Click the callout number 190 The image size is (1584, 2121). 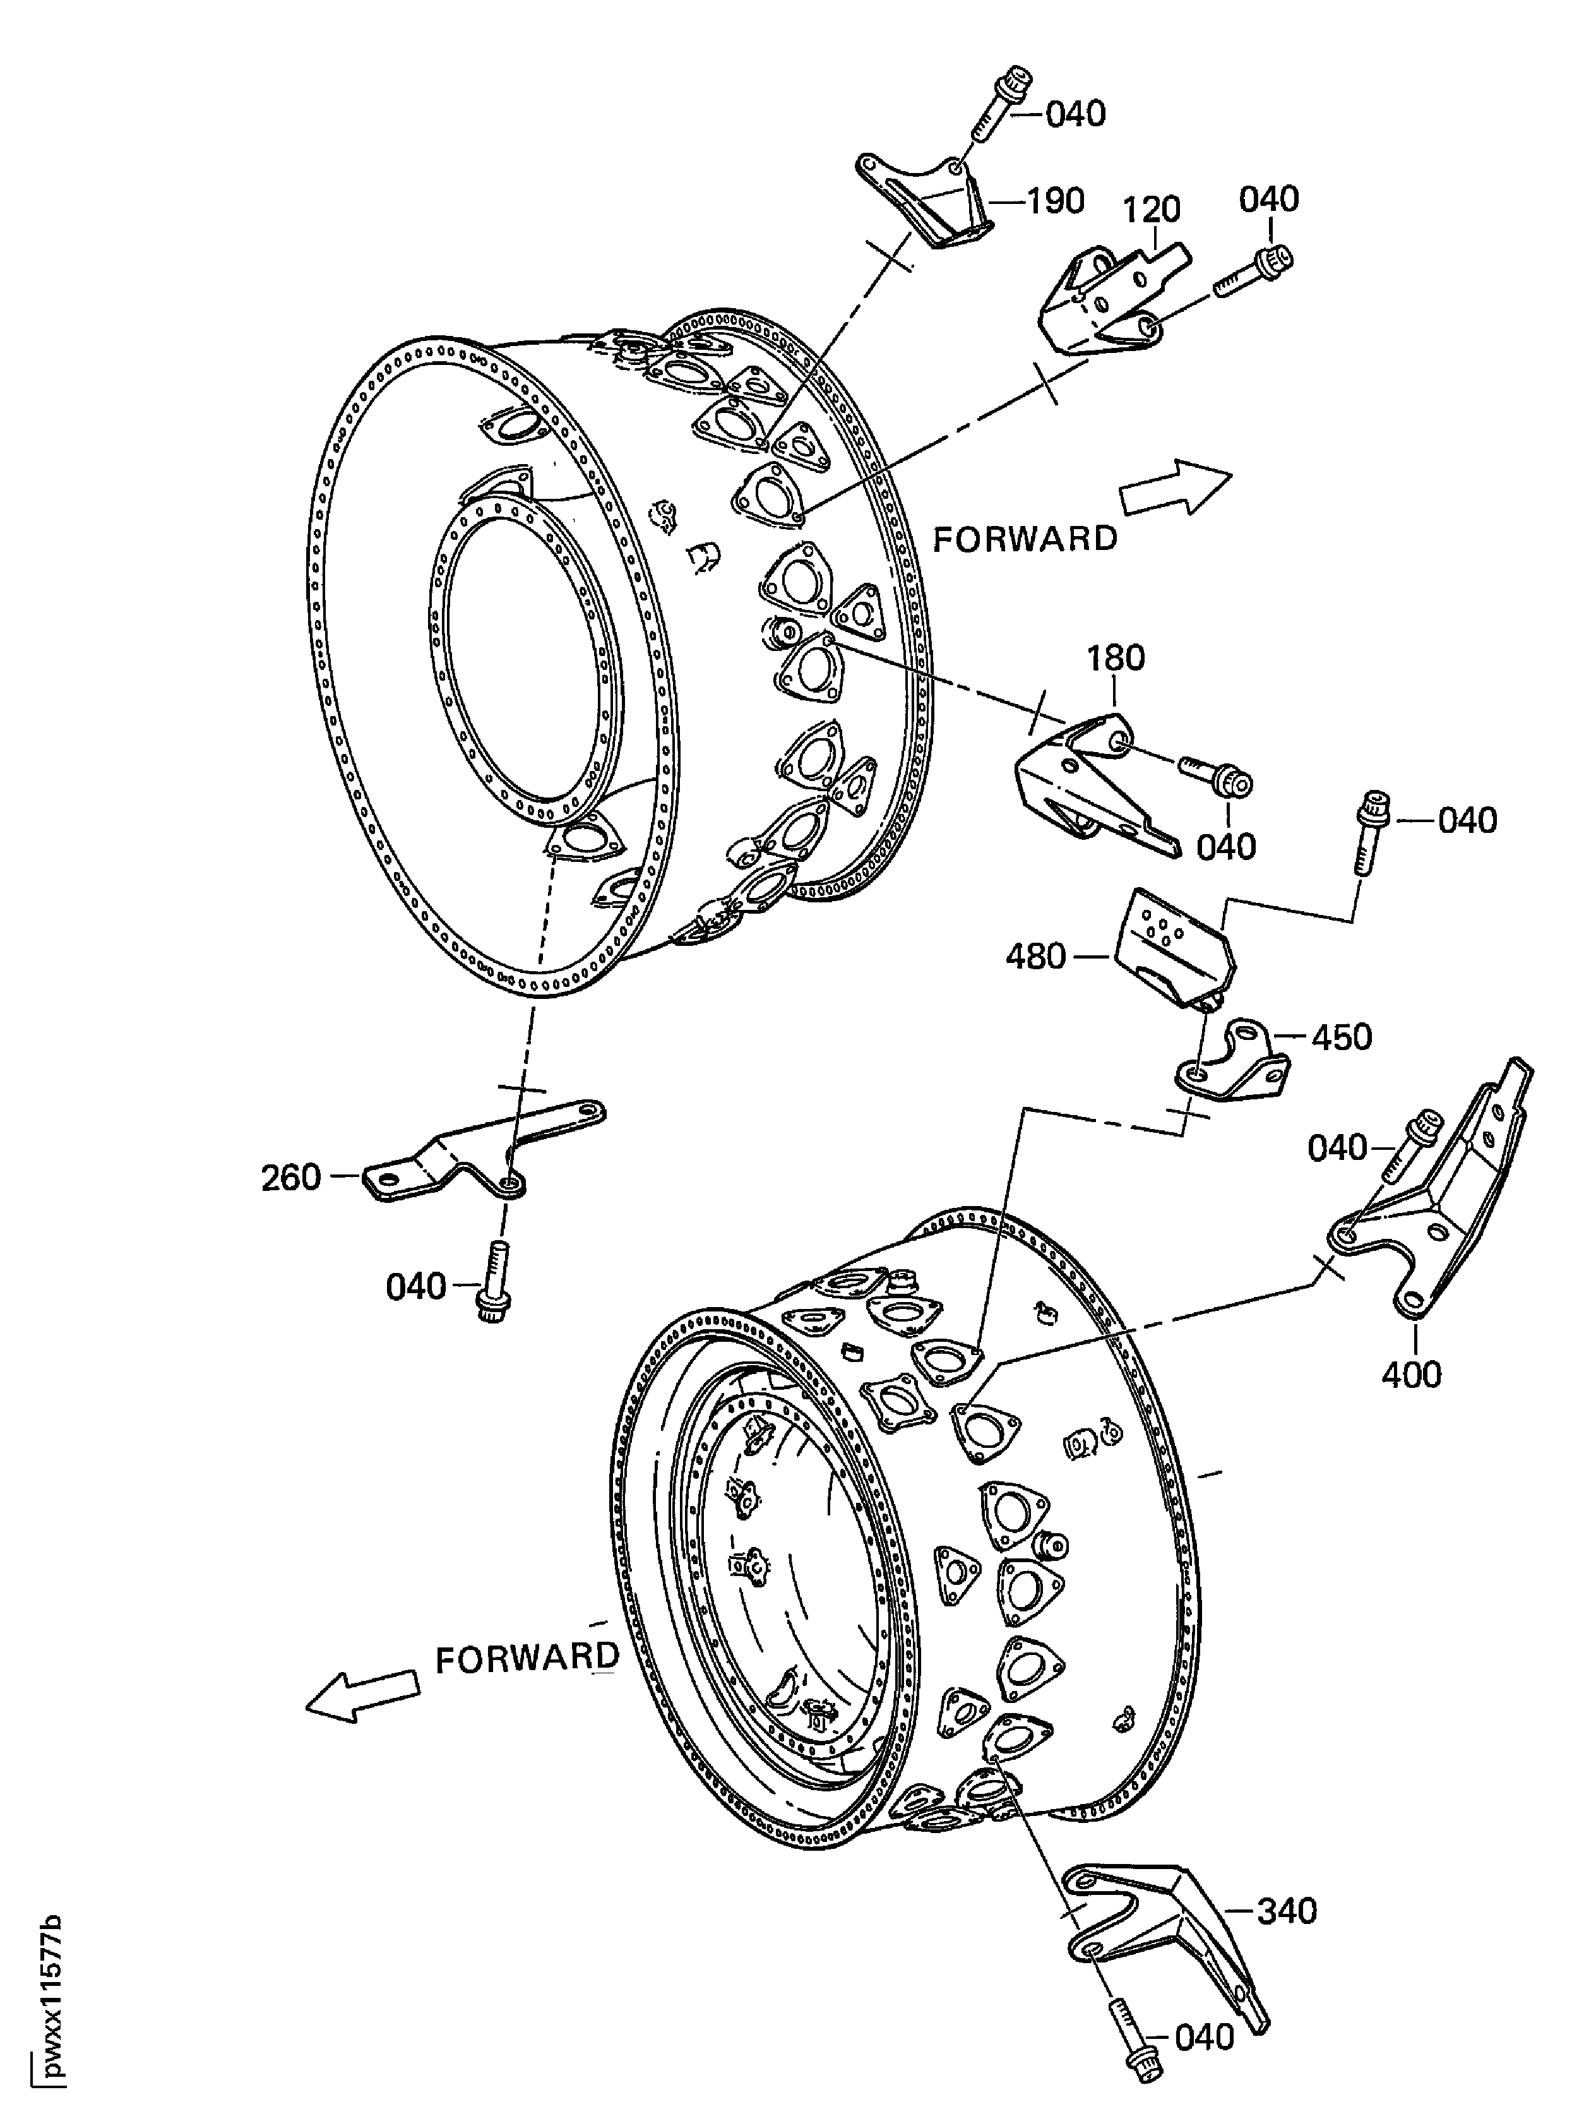[x=1056, y=201]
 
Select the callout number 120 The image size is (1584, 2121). [x=1152, y=209]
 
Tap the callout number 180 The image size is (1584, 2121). [x=1116, y=658]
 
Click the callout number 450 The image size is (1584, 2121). [x=1342, y=1037]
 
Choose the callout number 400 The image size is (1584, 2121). [x=1412, y=1375]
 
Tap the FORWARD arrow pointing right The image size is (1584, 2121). [x=1176, y=488]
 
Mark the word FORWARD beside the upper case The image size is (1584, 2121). [x=1025, y=539]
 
